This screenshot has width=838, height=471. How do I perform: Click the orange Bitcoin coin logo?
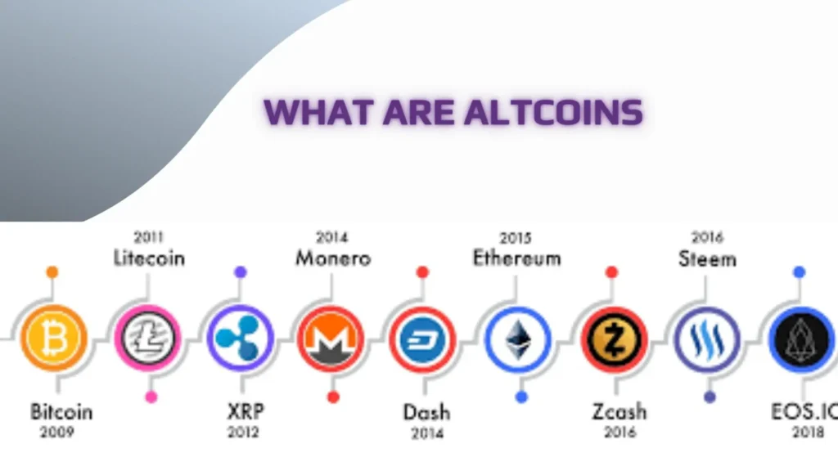click(x=53, y=338)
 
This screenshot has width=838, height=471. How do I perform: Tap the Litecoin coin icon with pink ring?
click(x=147, y=338)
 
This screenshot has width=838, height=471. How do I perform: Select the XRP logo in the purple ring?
click(x=241, y=338)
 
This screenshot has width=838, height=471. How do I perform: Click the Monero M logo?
click(x=331, y=339)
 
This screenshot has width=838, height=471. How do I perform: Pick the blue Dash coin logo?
click(x=422, y=339)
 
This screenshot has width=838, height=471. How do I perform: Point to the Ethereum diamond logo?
click(x=518, y=339)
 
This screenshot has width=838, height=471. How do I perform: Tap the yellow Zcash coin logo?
click(x=614, y=339)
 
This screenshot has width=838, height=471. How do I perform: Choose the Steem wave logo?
click(x=707, y=339)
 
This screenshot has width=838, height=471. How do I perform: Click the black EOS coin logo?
click(x=801, y=339)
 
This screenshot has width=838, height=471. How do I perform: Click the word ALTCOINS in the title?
click(x=553, y=112)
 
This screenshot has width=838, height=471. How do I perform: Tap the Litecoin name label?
click(x=149, y=258)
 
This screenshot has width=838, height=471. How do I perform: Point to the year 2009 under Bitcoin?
click(x=57, y=432)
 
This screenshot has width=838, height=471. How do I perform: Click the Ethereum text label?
click(x=517, y=258)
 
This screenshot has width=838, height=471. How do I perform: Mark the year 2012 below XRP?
click(x=243, y=432)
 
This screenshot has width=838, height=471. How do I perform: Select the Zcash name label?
click(x=619, y=412)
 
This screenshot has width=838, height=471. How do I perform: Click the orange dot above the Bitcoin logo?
click(x=52, y=272)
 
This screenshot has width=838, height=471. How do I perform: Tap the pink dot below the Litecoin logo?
click(x=151, y=397)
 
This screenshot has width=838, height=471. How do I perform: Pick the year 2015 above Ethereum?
click(x=516, y=238)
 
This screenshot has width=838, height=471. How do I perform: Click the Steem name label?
click(x=708, y=259)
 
